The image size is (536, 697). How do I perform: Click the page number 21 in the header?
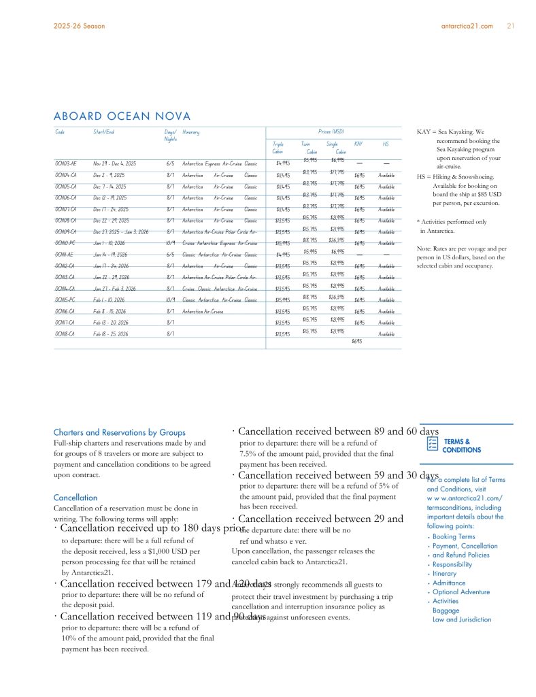pyautogui.click(x=510, y=26)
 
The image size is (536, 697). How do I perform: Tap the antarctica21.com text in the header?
pyautogui.click(x=467, y=26)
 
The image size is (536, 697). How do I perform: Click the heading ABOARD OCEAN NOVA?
pyautogui.click(x=122, y=117)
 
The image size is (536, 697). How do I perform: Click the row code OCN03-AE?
pyautogui.click(x=66, y=163)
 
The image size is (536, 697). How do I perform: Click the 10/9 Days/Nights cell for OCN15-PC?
pyautogui.click(x=170, y=299)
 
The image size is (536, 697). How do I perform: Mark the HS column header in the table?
pyautogui.click(x=386, y=144)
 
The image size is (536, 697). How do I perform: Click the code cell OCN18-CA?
pyautogui.click(x=66, y=334)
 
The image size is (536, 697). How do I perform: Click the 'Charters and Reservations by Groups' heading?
pyautogui.click(x=119, y=432)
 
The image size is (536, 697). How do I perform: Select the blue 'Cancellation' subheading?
pyautogui.click(x=75, y=498)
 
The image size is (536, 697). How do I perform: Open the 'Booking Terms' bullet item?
pyautogui.click(x=454, y=537)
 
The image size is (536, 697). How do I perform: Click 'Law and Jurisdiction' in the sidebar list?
pyautogui.click(x=461, y=619)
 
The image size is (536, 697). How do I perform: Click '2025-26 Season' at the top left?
pyautogui.click(x=79, y=26)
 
